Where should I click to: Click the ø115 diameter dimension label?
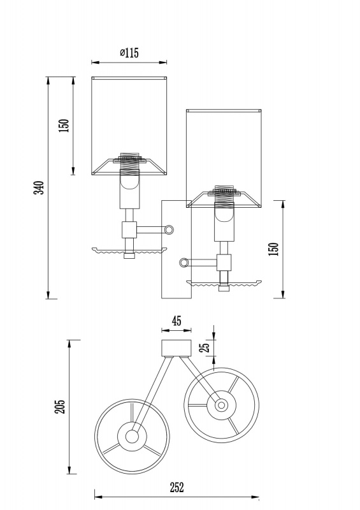tap(129, 52)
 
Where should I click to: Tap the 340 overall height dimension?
tap(39, 187)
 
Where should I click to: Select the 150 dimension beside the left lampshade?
tap(64, 125)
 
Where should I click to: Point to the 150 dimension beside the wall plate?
tap(274, 249)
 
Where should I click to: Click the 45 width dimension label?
tap(176, 321)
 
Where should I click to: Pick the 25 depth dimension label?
tap(206, 347)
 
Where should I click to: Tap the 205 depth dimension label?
tap(60, 407)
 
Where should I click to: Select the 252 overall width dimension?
tap(176, 487)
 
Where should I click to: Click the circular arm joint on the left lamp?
tap(169, 230)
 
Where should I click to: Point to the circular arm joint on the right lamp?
tap(184, 263)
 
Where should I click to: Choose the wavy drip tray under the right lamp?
tap(224, 283)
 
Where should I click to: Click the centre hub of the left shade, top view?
tap(132, 437)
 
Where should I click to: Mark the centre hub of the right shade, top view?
tap(222, 405)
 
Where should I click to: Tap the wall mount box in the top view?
tap(176, 348)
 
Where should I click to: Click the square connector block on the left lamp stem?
tap(129, 229)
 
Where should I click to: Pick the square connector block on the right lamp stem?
tap(224, 263)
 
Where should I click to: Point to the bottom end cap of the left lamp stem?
tap(129, 256)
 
